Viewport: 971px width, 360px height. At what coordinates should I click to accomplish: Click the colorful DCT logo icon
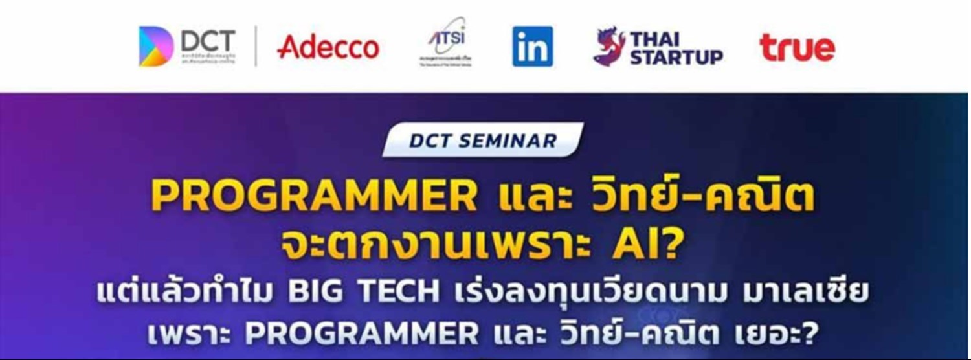coord(156,47)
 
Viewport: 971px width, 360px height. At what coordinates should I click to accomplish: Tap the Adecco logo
coord(328,47)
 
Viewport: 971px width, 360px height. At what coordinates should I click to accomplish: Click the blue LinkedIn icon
coord(533,47)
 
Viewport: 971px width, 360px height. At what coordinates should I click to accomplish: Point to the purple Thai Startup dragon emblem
coord(608,46)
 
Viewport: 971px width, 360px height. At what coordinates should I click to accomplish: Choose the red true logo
coord(797,48)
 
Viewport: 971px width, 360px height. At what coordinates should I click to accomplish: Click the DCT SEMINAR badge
coord(482,141)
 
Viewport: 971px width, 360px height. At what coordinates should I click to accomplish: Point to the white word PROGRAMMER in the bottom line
coord(362,334)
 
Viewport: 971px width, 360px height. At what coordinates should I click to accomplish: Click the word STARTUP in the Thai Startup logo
coord(676,58)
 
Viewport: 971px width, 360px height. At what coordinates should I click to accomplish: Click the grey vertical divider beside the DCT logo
coord(255,47)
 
